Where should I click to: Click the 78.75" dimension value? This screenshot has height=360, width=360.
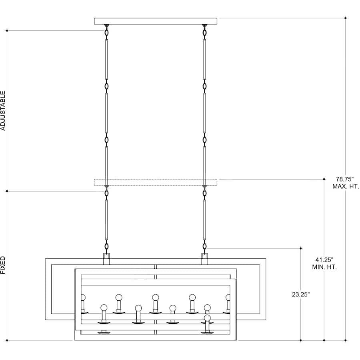pos(345,179)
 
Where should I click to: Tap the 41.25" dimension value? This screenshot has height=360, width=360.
pos(324,260)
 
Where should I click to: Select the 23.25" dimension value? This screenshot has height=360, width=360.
pos(301,294)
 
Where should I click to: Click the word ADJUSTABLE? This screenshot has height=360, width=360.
pos(3,111)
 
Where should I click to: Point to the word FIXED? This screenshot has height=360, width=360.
pos(3,265)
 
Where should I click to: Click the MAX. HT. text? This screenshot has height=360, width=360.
pos(346,186)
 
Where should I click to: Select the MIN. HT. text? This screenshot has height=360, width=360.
pos(324,267)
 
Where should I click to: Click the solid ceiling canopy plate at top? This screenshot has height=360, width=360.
pos(156,21)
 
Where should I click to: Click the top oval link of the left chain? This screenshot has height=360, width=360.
pos(106,33)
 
